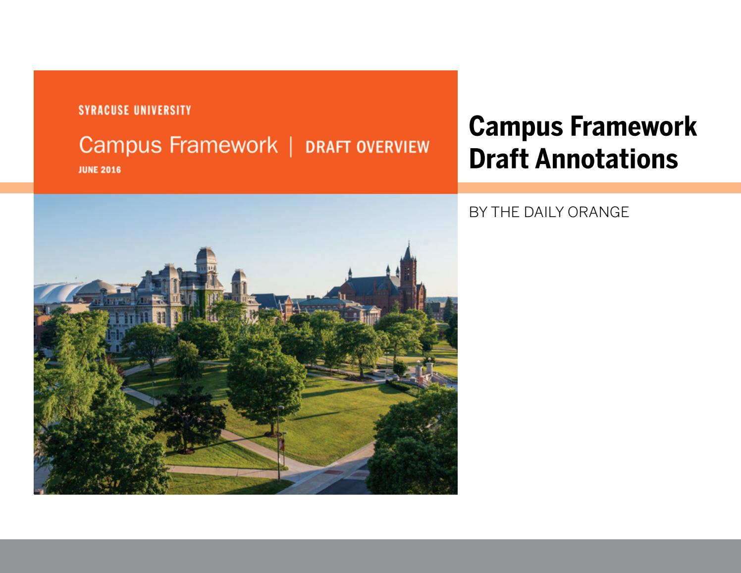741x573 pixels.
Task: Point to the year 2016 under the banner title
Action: tap(112, 170)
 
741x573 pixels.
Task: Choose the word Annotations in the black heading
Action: tap(607, 159)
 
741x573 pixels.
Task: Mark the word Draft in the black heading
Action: tap(500, 159)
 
